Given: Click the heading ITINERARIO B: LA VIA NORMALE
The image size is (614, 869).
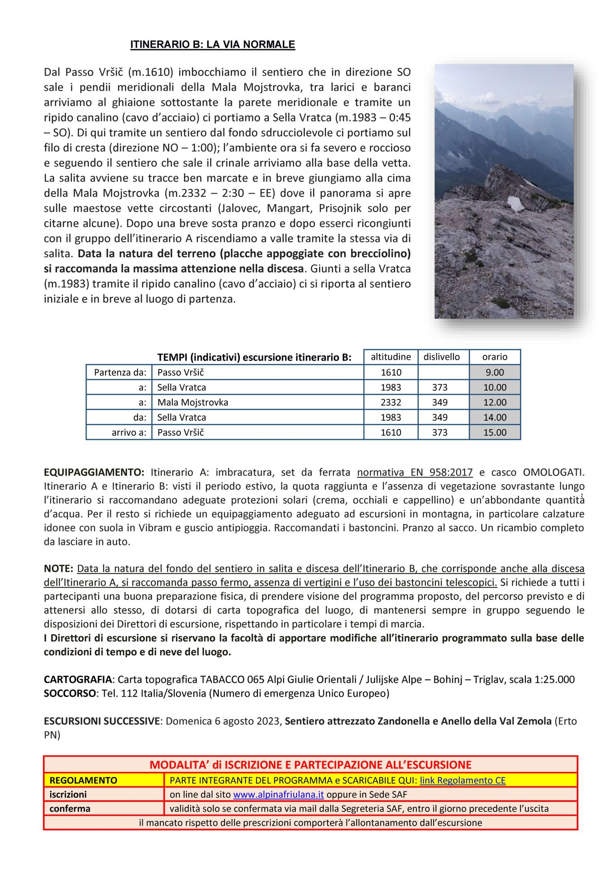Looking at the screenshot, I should (x=212, y=45).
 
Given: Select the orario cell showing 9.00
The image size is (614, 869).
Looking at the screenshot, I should (x=495, y=372).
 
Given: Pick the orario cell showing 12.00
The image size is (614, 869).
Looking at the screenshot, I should (x=495, y=402).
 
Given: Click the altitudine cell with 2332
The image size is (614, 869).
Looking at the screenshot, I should (x=391, y=402).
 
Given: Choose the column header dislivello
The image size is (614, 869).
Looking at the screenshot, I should (x=441, y=357).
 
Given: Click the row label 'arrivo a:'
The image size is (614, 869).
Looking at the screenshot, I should (x=129, y=432).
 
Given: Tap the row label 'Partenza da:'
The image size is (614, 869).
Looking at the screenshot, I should (x=120, y=372).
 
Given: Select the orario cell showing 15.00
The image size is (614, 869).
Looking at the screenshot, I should (x=495, y=432).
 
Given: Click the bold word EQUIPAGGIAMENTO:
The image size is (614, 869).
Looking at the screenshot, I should (x=94, y=472).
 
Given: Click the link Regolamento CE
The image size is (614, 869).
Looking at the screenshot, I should (x=462, y=780).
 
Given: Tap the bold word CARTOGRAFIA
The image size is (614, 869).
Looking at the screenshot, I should (x=78, y=679).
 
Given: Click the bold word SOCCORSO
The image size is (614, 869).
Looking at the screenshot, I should (x=69, y=693).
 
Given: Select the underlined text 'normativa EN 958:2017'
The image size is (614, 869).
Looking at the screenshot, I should (x=414, y=472).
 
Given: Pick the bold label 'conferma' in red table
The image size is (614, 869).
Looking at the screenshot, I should (x=70, y=808).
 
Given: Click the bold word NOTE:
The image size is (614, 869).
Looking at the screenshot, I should (x=58, y=568).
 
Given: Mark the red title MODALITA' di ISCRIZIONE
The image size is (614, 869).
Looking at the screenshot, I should (x=310, y=765).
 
